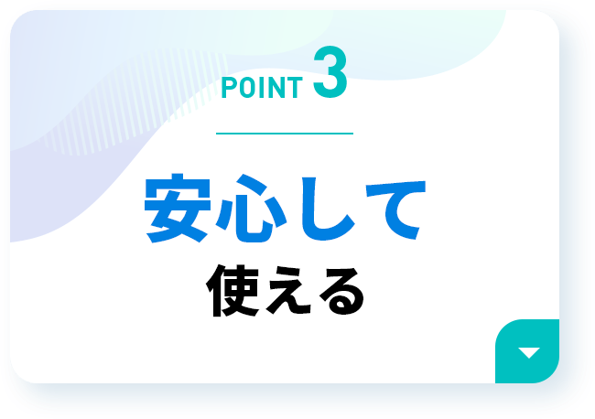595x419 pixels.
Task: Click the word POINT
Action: click(262, 88)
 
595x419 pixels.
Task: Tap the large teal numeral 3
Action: click(330, 72)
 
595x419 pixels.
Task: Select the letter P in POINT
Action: click(229, 88)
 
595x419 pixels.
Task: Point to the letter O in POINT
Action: click(247, 88)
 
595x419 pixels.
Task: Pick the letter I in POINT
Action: click(263, 88)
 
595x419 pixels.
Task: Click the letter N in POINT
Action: click(276, 88)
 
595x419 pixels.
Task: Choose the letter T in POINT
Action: click(296, 88)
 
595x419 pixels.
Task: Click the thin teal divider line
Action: click(285, 134)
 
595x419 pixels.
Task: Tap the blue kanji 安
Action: click(178, 209)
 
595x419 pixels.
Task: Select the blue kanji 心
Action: click(251, 209)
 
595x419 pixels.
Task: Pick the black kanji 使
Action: click(233, 290)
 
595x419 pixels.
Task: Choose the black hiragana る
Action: click(341, 291)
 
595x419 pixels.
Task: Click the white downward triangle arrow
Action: click(529, 352)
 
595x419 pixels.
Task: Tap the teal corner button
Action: click(527, 351)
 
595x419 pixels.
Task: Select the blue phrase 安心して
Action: click(286, 209)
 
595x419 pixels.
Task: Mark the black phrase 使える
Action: click(285, 290)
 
